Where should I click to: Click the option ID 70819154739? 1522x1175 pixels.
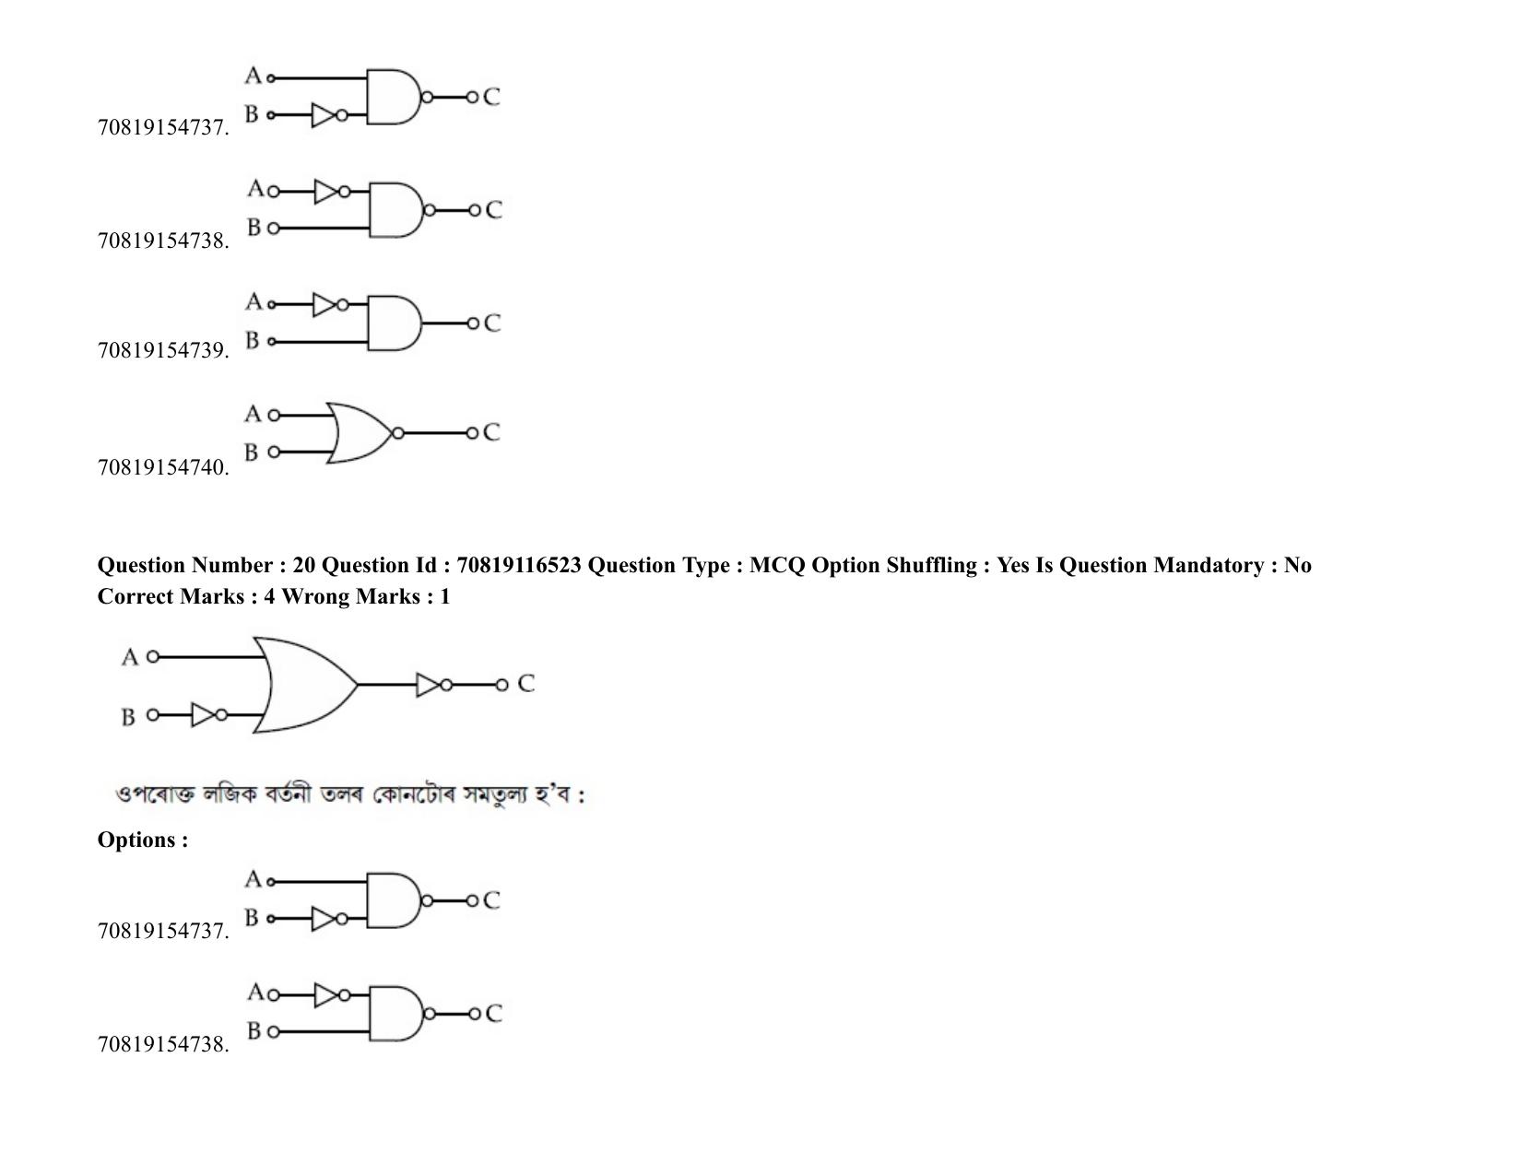click(162, 350)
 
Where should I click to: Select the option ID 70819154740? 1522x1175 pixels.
click(162, 467)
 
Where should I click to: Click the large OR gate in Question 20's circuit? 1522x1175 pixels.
click(306, 684)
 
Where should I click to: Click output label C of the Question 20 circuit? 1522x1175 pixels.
click(526, 683)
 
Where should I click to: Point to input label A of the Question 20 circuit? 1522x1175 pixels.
click(130, 657)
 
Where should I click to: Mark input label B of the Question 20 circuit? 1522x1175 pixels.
click(128, 717)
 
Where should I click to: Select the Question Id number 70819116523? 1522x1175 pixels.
click(519, 565)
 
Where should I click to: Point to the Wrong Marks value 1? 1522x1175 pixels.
click(444, 596)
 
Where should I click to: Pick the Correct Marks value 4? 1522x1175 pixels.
click(270, 596)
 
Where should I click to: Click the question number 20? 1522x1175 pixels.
click(304, 565)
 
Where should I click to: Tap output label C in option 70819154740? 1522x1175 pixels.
click(491, 432)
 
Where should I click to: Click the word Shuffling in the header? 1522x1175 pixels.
click(931, 565)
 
